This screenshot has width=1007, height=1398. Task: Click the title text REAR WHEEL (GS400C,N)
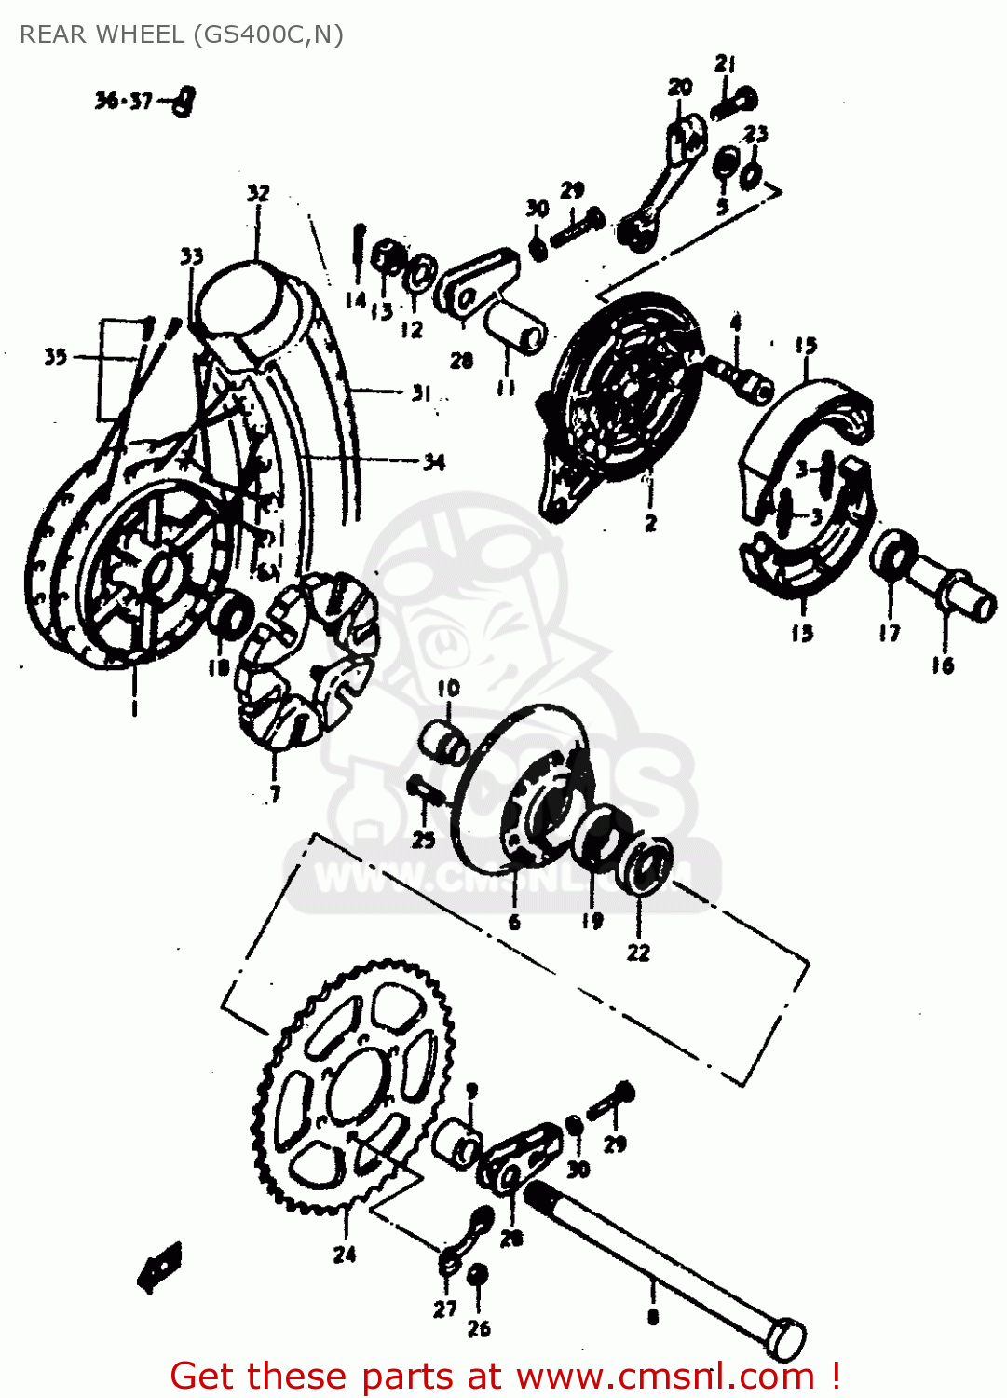click(182, 34)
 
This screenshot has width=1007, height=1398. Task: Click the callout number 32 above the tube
click(258, 193)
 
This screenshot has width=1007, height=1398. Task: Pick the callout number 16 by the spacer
click(943, 665)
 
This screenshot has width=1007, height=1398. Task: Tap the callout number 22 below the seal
click(638, 953)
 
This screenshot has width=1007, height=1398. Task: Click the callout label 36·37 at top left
click(123, 101)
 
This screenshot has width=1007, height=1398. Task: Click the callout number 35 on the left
click(55, 356)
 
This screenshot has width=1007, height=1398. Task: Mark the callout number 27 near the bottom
click(444, 1309)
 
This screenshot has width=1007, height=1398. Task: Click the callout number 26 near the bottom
click(478, 1328)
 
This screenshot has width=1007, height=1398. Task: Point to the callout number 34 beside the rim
click(434, 460)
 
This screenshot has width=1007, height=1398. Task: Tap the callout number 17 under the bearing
click(890, 633)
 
